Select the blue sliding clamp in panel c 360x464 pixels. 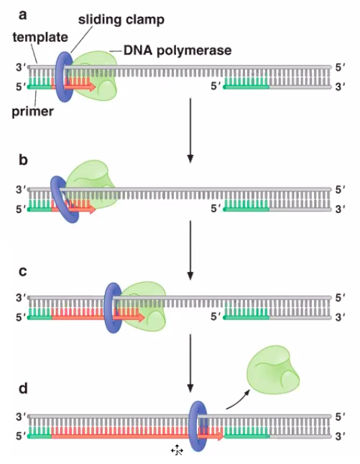coord(112,306)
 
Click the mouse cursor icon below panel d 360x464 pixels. coord(177,450)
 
